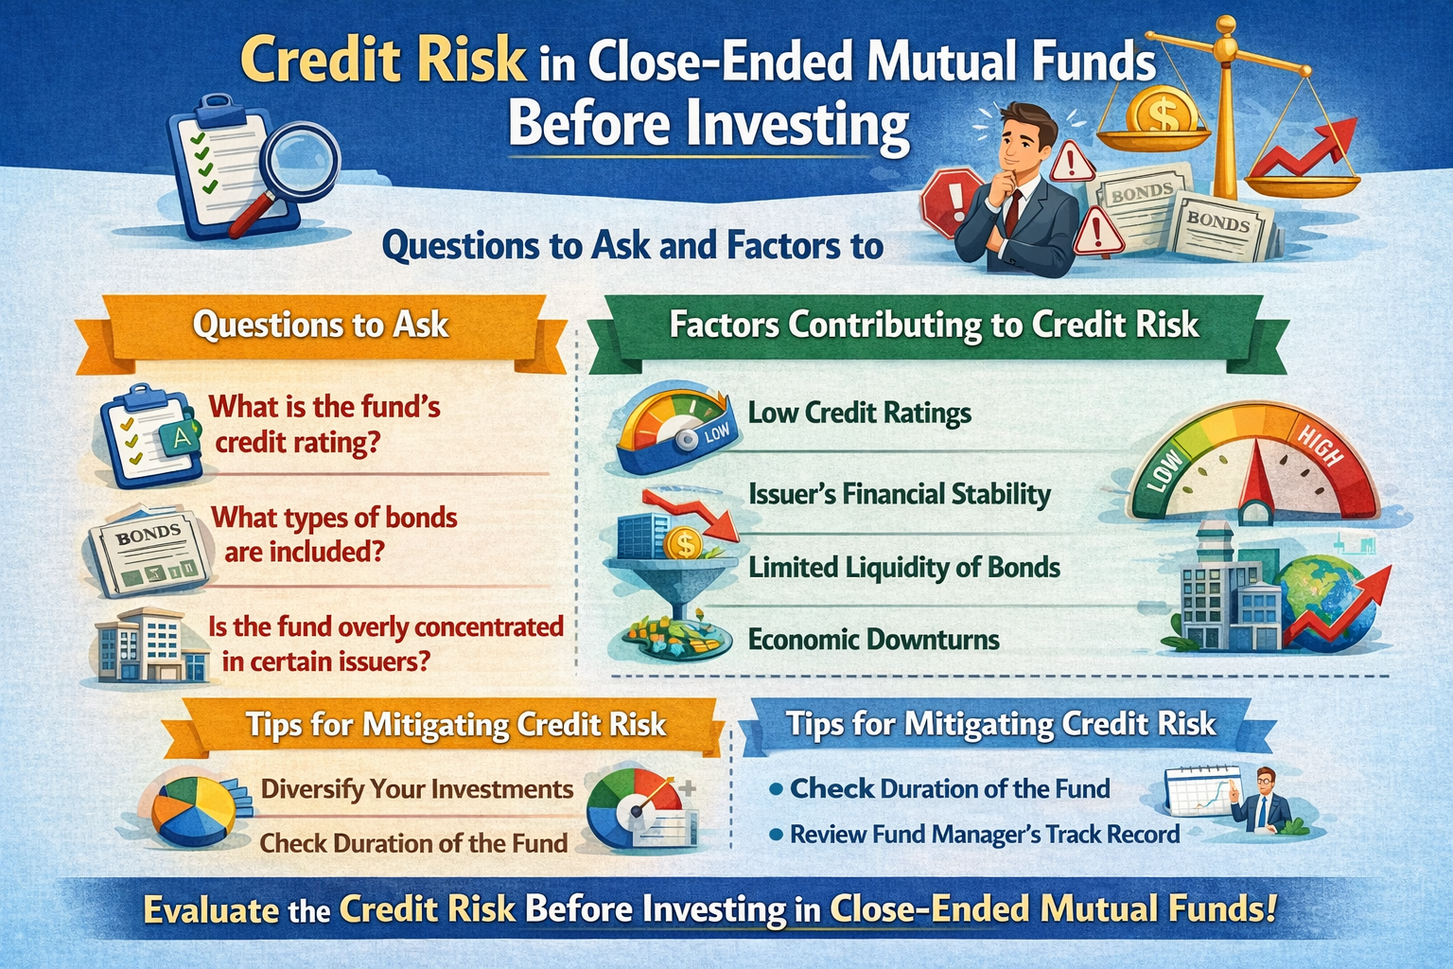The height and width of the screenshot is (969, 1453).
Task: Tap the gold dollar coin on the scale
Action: point(1160,111)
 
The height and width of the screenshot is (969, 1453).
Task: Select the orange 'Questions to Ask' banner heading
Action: point(320,325)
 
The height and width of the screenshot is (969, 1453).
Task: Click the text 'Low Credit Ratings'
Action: point(859,414)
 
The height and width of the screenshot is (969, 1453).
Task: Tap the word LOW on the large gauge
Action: point(1165,470)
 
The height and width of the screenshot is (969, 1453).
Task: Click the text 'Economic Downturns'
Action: point(873,640)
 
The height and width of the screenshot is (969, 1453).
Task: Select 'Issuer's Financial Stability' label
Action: point(899,494)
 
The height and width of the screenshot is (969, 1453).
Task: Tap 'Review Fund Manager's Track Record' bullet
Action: point(984,835)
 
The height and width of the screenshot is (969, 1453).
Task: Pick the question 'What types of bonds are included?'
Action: point(333,535)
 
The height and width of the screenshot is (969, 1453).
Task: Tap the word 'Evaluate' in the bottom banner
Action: point(211,910)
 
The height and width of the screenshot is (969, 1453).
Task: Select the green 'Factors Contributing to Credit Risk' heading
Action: point(933,325)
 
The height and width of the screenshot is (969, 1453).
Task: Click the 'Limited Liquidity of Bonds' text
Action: point(903,568)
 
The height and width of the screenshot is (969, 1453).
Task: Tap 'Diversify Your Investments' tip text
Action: point(416,789)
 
